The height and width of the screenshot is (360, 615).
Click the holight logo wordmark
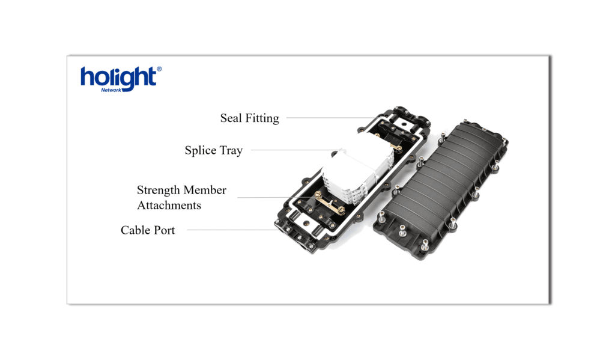point(118,78)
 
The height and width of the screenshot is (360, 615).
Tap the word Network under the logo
point(111,90)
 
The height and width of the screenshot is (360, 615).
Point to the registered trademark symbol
point(159,70)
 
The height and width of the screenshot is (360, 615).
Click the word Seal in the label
point(231,118)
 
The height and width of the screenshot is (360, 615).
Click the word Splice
point(200,150)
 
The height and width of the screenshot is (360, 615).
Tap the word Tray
point(231,150)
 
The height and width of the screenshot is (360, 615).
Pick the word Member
point(205,190)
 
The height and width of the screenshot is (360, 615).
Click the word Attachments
point(169,205)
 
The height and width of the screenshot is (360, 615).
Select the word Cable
point(136,230)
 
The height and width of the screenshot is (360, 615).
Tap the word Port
point(164,230)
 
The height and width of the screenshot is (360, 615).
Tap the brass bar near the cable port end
point(327,207)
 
